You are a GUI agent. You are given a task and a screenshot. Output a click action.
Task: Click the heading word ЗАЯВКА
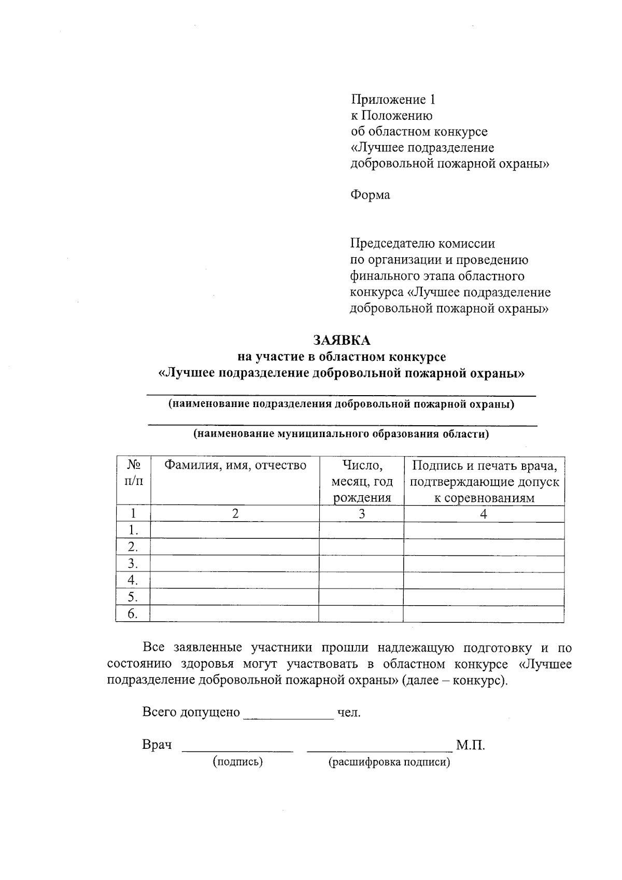342,340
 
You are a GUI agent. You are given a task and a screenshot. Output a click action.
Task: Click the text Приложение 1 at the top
393,99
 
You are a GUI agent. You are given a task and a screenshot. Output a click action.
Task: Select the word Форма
370,195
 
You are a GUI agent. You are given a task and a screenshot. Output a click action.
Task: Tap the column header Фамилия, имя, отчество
235,465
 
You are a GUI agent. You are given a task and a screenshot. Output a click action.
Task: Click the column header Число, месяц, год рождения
362,482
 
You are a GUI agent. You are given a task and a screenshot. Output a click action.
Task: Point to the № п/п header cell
134,472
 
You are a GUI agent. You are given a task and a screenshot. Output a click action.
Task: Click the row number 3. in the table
133,564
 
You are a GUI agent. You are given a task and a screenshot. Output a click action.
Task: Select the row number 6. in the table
133,614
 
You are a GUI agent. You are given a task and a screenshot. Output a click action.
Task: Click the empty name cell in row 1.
234,530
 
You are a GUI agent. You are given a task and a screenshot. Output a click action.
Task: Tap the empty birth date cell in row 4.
361,580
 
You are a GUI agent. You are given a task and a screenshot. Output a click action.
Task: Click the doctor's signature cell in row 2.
484,547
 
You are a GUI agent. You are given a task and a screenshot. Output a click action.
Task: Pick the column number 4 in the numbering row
484,514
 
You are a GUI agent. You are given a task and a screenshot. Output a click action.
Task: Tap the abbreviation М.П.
470,746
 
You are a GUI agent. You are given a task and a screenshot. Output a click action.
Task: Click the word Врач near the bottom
157,745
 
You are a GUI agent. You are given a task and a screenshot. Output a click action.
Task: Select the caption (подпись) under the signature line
237,761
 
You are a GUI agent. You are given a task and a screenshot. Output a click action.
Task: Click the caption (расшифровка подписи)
389,762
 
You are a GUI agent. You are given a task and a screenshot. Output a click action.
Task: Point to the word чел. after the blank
349,713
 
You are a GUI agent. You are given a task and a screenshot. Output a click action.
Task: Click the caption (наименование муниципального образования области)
341,434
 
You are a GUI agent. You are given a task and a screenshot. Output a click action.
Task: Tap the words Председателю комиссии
422,243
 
